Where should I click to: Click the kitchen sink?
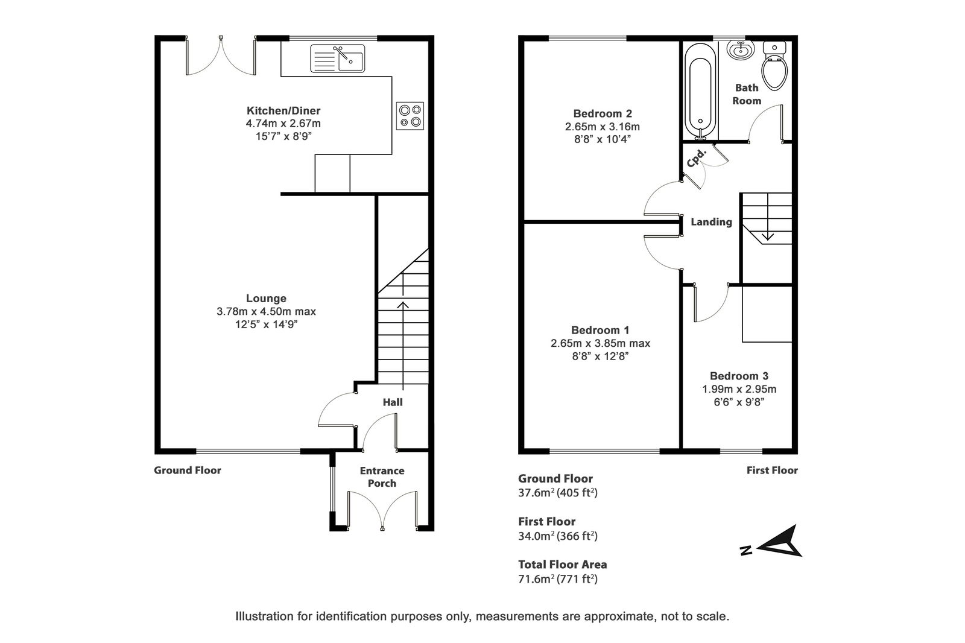click(337, 58)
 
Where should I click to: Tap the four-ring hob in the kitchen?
click(410, 116)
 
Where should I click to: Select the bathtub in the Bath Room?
click(700, 92)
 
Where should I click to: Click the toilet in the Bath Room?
click(774, 66)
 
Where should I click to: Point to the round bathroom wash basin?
click(741, 49)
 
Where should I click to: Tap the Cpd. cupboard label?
click(697, 158)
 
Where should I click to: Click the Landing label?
click(711, 222)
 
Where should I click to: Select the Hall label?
click(393, 402)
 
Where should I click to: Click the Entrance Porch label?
click(382, 477)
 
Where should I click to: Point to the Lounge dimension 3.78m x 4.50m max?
click(266, 311)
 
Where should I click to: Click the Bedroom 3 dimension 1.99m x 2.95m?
click(739, 389)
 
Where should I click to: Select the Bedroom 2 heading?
click(603, 113)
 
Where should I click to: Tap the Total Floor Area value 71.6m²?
click(536, 578)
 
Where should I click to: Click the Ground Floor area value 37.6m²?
click(536, 492)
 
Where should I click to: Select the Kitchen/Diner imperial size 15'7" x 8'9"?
click(283, 136)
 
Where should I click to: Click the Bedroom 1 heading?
click(600, 330)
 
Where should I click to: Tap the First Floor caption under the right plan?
click(772, 470)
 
